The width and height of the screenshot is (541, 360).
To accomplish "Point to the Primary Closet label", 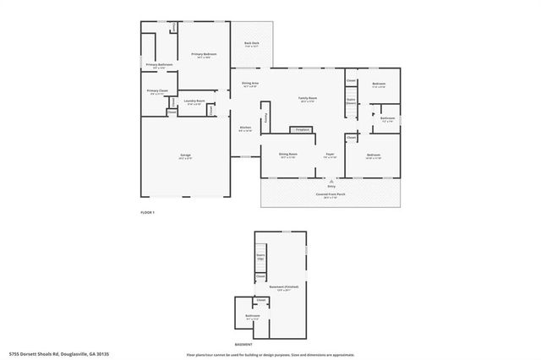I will point(157,91).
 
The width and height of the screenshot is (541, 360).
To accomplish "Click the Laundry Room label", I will point(194,101).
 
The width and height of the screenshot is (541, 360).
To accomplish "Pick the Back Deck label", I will point(251,44).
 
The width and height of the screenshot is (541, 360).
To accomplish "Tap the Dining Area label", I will point(250,84).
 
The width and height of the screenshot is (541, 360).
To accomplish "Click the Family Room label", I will point(308,99).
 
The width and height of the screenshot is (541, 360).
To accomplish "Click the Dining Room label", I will point(288,155).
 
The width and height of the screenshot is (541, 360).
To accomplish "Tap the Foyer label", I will point(331,155).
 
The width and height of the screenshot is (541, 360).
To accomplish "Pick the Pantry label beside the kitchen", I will point(267,117).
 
